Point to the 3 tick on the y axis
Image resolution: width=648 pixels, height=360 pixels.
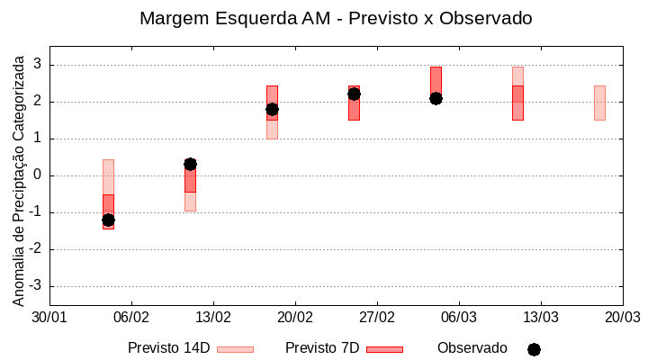(38, 65)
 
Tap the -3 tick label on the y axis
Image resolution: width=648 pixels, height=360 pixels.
(35, 286)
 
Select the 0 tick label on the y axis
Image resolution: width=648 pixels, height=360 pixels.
(38, 175)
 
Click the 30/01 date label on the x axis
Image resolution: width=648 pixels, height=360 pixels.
(49, 318)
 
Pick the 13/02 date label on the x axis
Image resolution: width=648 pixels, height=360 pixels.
(213, 318)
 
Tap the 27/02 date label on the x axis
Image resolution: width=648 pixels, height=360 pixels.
(377, 318)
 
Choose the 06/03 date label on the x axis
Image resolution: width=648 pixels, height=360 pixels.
(459, 318)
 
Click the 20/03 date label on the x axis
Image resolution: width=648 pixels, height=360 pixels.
(622, 318)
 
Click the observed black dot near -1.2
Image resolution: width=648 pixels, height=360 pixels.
(108, 220)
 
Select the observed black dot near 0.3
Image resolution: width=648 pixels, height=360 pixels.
(190, 164)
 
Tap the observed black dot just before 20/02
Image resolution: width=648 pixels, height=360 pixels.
(272, 110)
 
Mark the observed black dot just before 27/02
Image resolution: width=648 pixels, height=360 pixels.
(354, 94)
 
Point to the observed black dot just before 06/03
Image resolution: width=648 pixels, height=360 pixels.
(436, 98)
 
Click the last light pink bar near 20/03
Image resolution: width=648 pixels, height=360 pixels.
(599, 103)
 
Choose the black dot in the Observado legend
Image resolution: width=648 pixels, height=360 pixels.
(534, 349)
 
